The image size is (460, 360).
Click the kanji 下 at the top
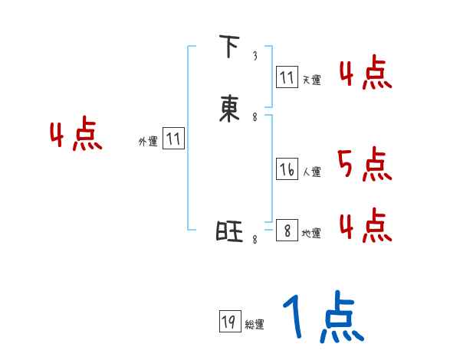click(228, 47)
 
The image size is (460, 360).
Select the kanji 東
click(228, 110)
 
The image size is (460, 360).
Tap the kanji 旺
click(228, 231)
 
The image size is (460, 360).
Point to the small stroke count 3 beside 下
click(255, 56)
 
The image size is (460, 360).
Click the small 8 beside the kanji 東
click(255, 117)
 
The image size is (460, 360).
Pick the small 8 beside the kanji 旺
click(255, 240)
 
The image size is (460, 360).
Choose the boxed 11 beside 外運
click(173, 139)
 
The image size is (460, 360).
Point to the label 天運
click(311, 80)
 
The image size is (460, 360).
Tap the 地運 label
click(311, 234)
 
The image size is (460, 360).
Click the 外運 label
click(148, 142)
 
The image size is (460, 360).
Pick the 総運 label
click(255, 325)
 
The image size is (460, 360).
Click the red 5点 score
click(364, 164)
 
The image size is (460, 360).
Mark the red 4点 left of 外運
click(76, 136)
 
